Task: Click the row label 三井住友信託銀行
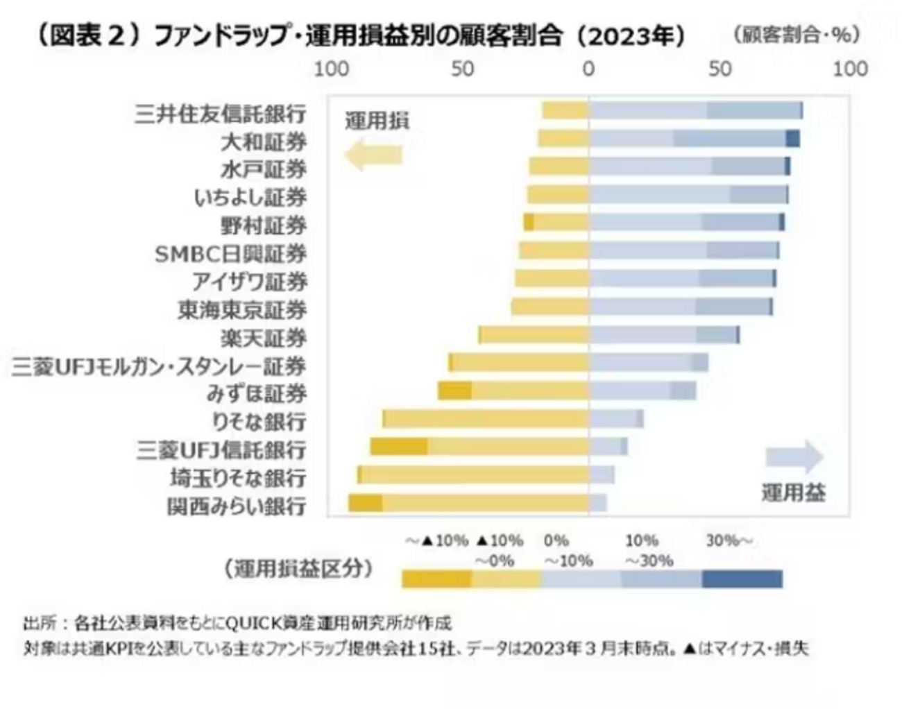click(x=220, y=114)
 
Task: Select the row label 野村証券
click(x=263, y=225)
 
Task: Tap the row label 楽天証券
click(x=263, y=338)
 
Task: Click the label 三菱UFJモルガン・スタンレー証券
click(x=158, y=366)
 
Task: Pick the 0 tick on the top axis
click(x=588, y=69)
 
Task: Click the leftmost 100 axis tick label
click(x=332, y=69)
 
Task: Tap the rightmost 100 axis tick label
click(x=850, y=69)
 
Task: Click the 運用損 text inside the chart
click(x=377, y=121)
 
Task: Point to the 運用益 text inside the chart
click(x=793, y=493)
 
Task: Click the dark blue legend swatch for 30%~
click(x=742, y=579)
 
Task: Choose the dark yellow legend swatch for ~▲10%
click(x=436, y=579)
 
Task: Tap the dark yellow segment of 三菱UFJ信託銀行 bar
click(x=399, y=447)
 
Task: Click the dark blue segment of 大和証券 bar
click(x=792, y=139)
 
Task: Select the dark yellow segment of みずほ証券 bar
click(x=454, y=391)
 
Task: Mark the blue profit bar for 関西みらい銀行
click(x=597, y=503)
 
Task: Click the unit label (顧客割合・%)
click(x=796, y=35)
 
